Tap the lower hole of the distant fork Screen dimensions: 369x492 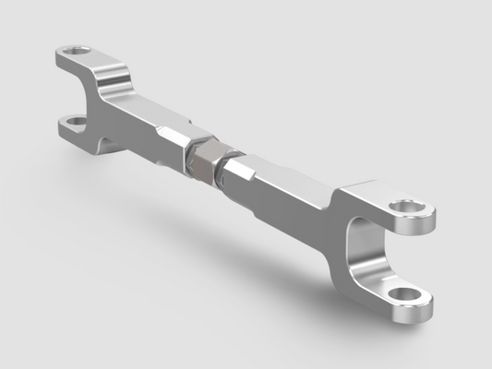(x=72, y=121)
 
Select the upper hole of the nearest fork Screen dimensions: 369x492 (x=402, y=207)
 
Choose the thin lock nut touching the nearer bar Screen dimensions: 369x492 (x=224, y=173)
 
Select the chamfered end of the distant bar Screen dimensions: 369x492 (x=175, y=138)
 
